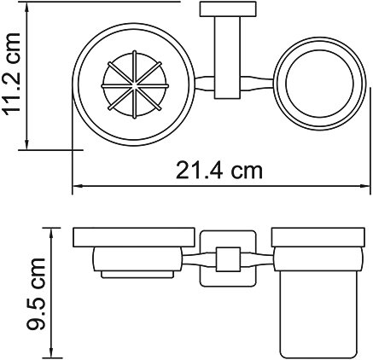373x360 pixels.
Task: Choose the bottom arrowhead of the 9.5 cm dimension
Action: click(53, 354)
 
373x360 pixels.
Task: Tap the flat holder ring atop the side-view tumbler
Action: click(316, 238)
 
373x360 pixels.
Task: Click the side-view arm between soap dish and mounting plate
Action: click(192, 260)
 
